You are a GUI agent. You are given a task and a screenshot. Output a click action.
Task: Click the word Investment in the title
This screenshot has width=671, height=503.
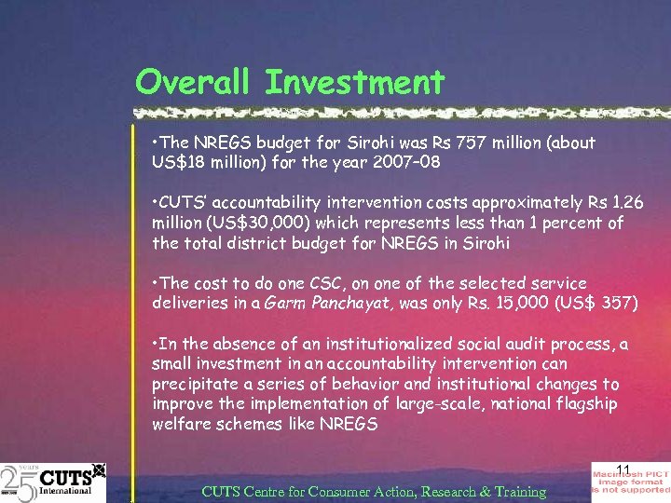click(354, 82)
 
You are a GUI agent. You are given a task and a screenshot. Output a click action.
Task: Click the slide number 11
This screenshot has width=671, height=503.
click(624, 469)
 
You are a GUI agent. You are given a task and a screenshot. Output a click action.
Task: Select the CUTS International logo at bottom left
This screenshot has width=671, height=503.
click(53, 483)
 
